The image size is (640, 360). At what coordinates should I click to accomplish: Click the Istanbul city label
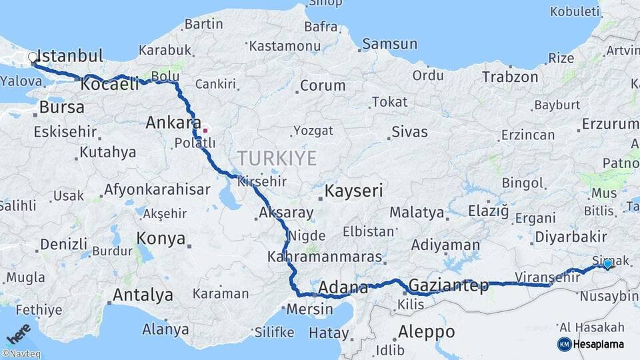click(x=69, y=56)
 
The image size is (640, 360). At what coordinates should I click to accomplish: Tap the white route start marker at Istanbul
click(x=33, y=58)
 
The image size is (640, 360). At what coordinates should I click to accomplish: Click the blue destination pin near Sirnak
click(x=607, y=265)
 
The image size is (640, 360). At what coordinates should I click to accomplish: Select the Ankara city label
click(x=173, y=123)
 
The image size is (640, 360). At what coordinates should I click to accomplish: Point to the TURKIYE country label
click(x=277, y=158)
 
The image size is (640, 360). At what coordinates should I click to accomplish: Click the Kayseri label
click(x=353, y=191)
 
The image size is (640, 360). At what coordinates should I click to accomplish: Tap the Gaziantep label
click(x=448, y=286)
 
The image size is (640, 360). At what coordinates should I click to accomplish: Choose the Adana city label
click(x=343, y=288)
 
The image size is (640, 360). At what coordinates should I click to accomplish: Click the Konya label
click(x=161, y=238)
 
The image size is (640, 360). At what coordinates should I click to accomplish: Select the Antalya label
click(x=143, y=295)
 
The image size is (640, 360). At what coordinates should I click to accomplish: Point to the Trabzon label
click(x=511, y=77)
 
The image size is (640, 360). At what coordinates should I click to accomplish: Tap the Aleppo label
click(x=426, y=331)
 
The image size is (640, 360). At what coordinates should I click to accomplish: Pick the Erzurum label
click(x=609, y=124)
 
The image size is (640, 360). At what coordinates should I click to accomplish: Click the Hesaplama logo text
click(x=599, y=344)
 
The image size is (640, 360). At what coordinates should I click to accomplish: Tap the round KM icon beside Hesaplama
click(x=564, y=344)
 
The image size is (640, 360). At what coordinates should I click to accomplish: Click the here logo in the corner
click(x=19, y=333)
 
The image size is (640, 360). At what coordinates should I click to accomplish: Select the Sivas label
click(x=409, y=131)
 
